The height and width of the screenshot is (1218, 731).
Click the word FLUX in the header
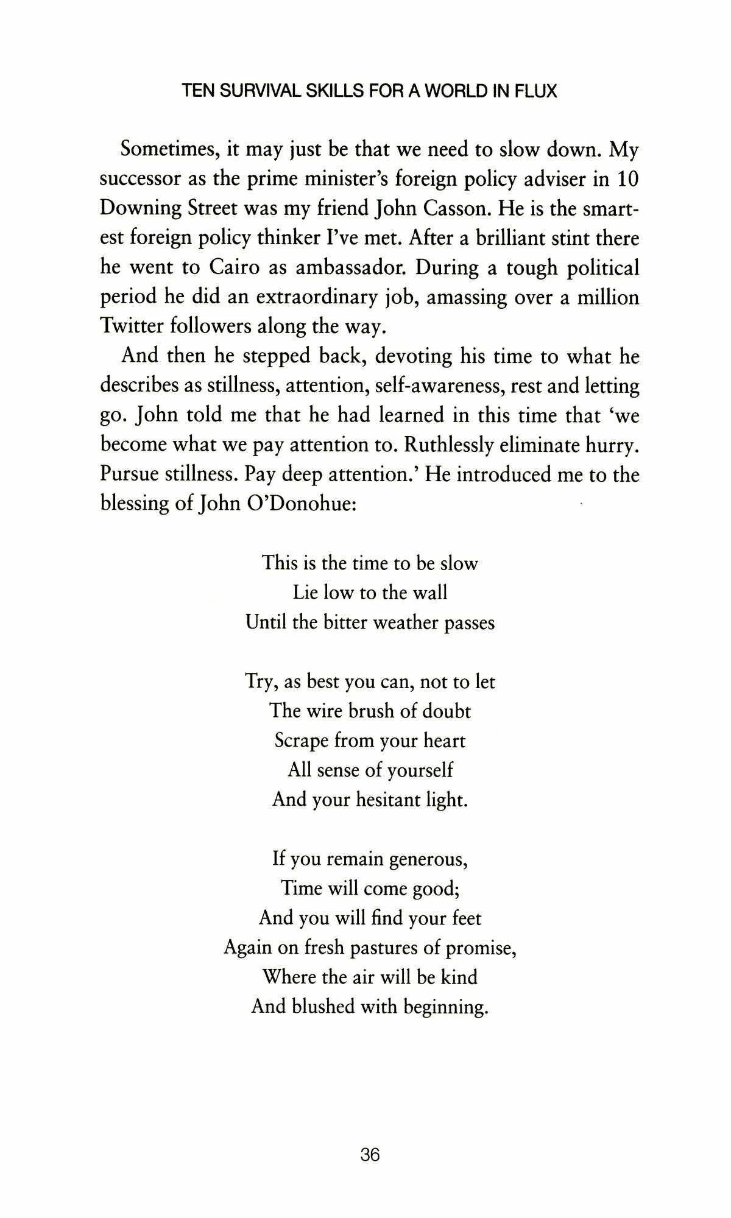click(x=535, y=92)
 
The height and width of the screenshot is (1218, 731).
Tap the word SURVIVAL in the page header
click(x=253, y=92)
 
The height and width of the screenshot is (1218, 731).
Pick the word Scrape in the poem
click(x=303, y=741)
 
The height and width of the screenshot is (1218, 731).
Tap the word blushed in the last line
click(x=323, y=1007)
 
